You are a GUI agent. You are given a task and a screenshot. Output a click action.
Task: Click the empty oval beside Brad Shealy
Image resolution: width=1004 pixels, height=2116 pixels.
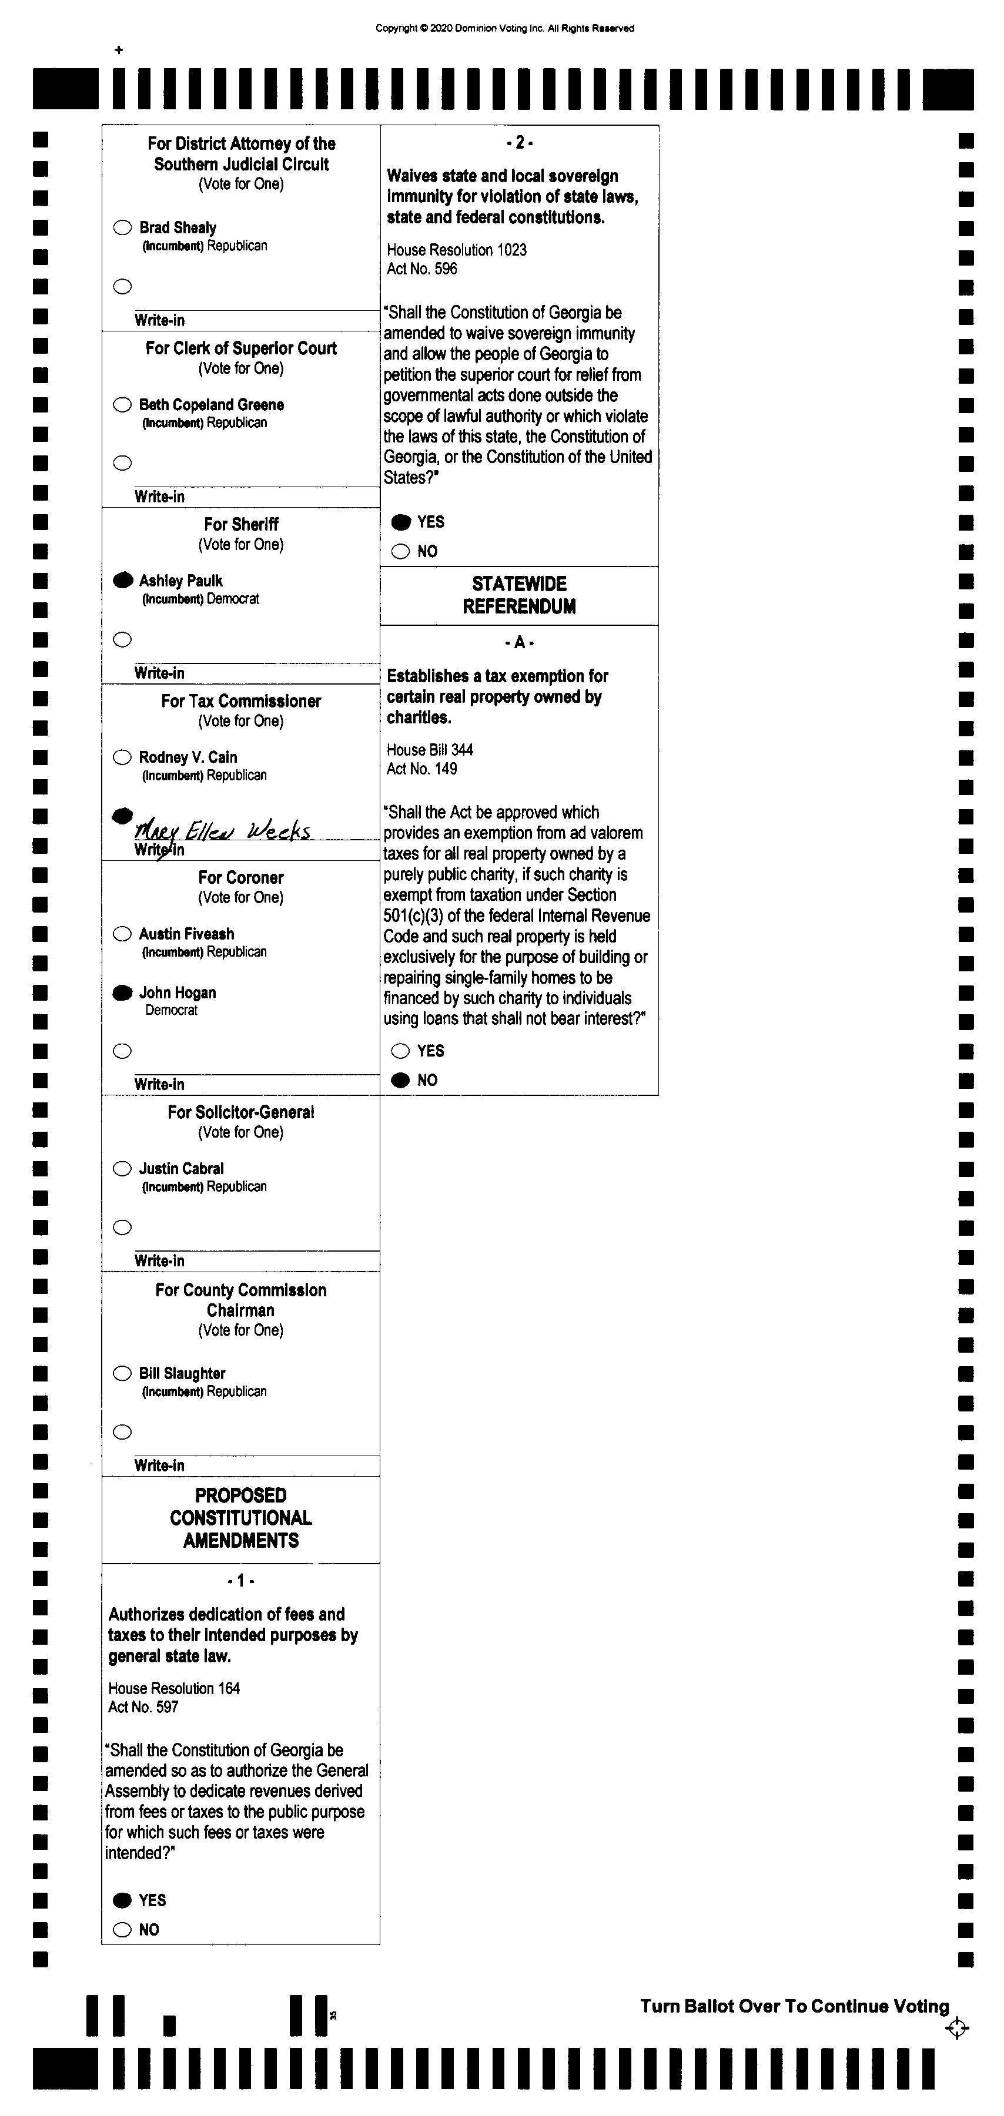[x=122, y=227]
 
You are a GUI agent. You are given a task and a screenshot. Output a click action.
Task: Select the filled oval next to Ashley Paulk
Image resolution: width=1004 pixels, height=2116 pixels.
[x=122, y=581]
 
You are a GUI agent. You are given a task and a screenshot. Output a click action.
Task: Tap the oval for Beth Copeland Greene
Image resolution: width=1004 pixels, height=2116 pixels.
[x=122, y=404]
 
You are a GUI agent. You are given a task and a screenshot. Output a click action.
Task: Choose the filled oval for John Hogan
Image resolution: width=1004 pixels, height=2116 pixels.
[x=122, y=992]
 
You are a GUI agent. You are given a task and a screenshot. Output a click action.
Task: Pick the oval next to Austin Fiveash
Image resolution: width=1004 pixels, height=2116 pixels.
[x=122, y=934]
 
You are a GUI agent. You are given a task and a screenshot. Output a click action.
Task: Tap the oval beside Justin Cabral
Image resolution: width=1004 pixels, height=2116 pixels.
[x=122, y=1169]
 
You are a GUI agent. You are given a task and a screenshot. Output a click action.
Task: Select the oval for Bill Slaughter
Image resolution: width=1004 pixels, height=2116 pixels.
[x=122, y=1373]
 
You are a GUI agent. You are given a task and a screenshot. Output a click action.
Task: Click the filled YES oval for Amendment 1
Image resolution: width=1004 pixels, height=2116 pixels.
[x=122, y=1900]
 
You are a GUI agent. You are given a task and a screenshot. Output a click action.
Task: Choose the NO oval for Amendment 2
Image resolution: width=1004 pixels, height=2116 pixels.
[x=400, y=551]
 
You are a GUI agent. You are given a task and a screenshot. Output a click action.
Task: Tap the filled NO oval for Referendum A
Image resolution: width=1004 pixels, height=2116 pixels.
[x=400, y=1080]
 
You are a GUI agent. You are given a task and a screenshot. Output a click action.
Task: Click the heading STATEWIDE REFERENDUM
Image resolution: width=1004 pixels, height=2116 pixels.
[x=519, y=595]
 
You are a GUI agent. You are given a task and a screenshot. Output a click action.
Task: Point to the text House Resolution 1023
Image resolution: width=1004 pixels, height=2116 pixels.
[x=457, y=250]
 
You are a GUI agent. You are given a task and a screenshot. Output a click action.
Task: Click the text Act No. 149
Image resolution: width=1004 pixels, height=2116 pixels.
[x=421, y=769]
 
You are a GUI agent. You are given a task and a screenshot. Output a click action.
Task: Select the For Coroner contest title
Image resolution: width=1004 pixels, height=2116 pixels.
[x=241, y=877]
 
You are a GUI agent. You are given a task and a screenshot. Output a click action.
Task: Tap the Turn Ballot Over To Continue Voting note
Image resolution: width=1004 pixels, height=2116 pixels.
[x=795, y=2006]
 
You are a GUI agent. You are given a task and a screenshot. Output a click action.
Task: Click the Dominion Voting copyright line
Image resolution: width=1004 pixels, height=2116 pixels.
[x=504, y=28]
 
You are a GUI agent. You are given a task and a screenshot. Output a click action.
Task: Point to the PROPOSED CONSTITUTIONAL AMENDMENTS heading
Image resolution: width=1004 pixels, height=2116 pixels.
[x=241, y=1518]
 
